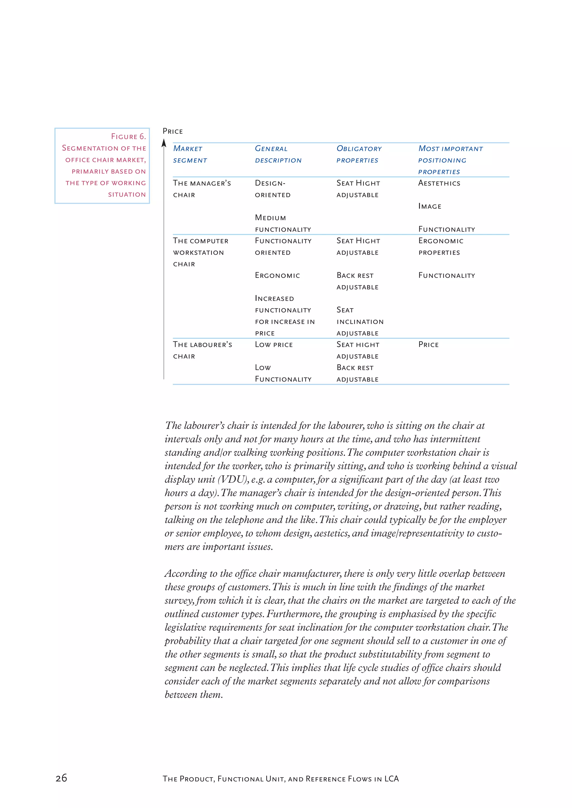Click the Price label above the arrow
click(173, 131)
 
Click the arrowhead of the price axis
click(164, 143)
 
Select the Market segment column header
click(190, 154)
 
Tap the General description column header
click(278, 154)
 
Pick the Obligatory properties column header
click(359, 154)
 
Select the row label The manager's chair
click(202, 189)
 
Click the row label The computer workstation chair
click(201, 252)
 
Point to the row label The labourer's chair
click(202, 350)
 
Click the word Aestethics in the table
click(439, 183)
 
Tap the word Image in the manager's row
click(430, 206)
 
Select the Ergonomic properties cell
click(441, 246)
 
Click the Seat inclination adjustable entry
click(360, 321)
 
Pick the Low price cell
click(274, 345)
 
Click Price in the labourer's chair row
click(428, 345)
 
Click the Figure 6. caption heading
click(128, 136)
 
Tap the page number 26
click(61, 778)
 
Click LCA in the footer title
click(391, 779)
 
